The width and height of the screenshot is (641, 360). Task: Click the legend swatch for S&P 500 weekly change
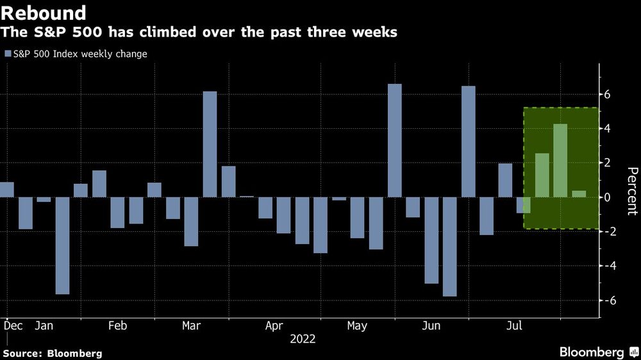pos(8,54)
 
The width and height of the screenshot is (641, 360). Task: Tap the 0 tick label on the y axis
pos(608,197)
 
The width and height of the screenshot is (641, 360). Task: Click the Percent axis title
pos(631,190)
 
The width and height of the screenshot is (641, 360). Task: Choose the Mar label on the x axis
pos(192,326)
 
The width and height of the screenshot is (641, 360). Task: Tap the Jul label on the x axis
pos(513,326)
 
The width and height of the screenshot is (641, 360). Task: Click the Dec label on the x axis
pos(12,326)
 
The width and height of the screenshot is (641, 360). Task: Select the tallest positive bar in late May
pos(395,140)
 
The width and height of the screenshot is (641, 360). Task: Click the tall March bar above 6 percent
pos(210,144)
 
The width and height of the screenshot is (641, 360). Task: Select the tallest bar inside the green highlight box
pos(560,160)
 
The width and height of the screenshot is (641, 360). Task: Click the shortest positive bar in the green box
pos(579,193)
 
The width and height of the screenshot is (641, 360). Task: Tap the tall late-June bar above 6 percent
pos(469,142)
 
